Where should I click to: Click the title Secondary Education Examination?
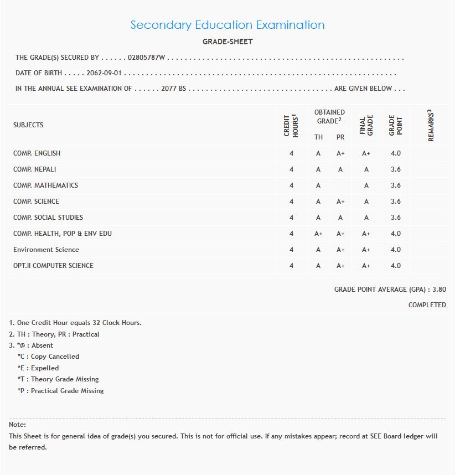(x=228, y=25)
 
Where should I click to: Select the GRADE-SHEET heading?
(x=228, y=42)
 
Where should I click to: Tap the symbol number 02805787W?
(x=147, y=58)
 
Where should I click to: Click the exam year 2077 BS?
(x=173, y=89)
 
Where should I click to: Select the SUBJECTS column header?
(x=28, y=125)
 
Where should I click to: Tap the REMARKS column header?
(x=431, y=125)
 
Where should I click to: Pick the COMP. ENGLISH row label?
(x=37, y=153)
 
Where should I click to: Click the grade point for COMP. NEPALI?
(x=395, y=169)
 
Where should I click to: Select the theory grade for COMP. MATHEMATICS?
(x=318, y=185)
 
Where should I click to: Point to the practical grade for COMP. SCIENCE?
(x=340, y=202)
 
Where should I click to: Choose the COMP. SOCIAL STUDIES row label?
(x=48, y=218)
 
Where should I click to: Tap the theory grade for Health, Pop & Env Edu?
(x=318, y=234)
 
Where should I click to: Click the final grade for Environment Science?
(x=366, y=250)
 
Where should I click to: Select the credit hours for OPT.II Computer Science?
(x=291, y=266)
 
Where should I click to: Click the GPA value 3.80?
(x=438, y=290)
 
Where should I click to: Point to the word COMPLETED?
(x=427, y=305)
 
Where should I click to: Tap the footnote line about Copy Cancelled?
(x=48, y=357)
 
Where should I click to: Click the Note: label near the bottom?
(x=17, y=425)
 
